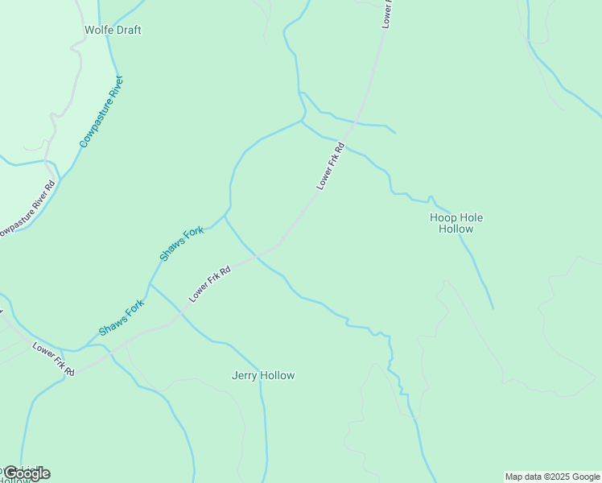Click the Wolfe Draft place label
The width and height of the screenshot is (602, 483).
(113, 30)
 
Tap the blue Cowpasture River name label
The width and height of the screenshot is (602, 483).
(101, 111)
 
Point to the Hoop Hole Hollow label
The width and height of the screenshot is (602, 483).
(456, 223)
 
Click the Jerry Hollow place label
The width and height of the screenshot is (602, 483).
(263, 375)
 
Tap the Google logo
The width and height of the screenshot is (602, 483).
(26, 473)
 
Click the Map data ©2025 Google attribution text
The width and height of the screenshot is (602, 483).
(552, 477)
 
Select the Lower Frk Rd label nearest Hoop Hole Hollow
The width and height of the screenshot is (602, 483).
(331, 167)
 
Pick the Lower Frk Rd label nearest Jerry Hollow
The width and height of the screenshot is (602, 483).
(210, 284)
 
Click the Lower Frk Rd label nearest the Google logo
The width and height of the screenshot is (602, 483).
(54, 360)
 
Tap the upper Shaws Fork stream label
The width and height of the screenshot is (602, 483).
(182, 244)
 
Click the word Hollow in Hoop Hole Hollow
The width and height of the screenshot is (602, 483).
(456, 229)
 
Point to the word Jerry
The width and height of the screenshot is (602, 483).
(245, 375)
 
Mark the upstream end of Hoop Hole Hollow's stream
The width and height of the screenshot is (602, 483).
(493, 308)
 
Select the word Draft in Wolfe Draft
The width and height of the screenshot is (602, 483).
(127, 30)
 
